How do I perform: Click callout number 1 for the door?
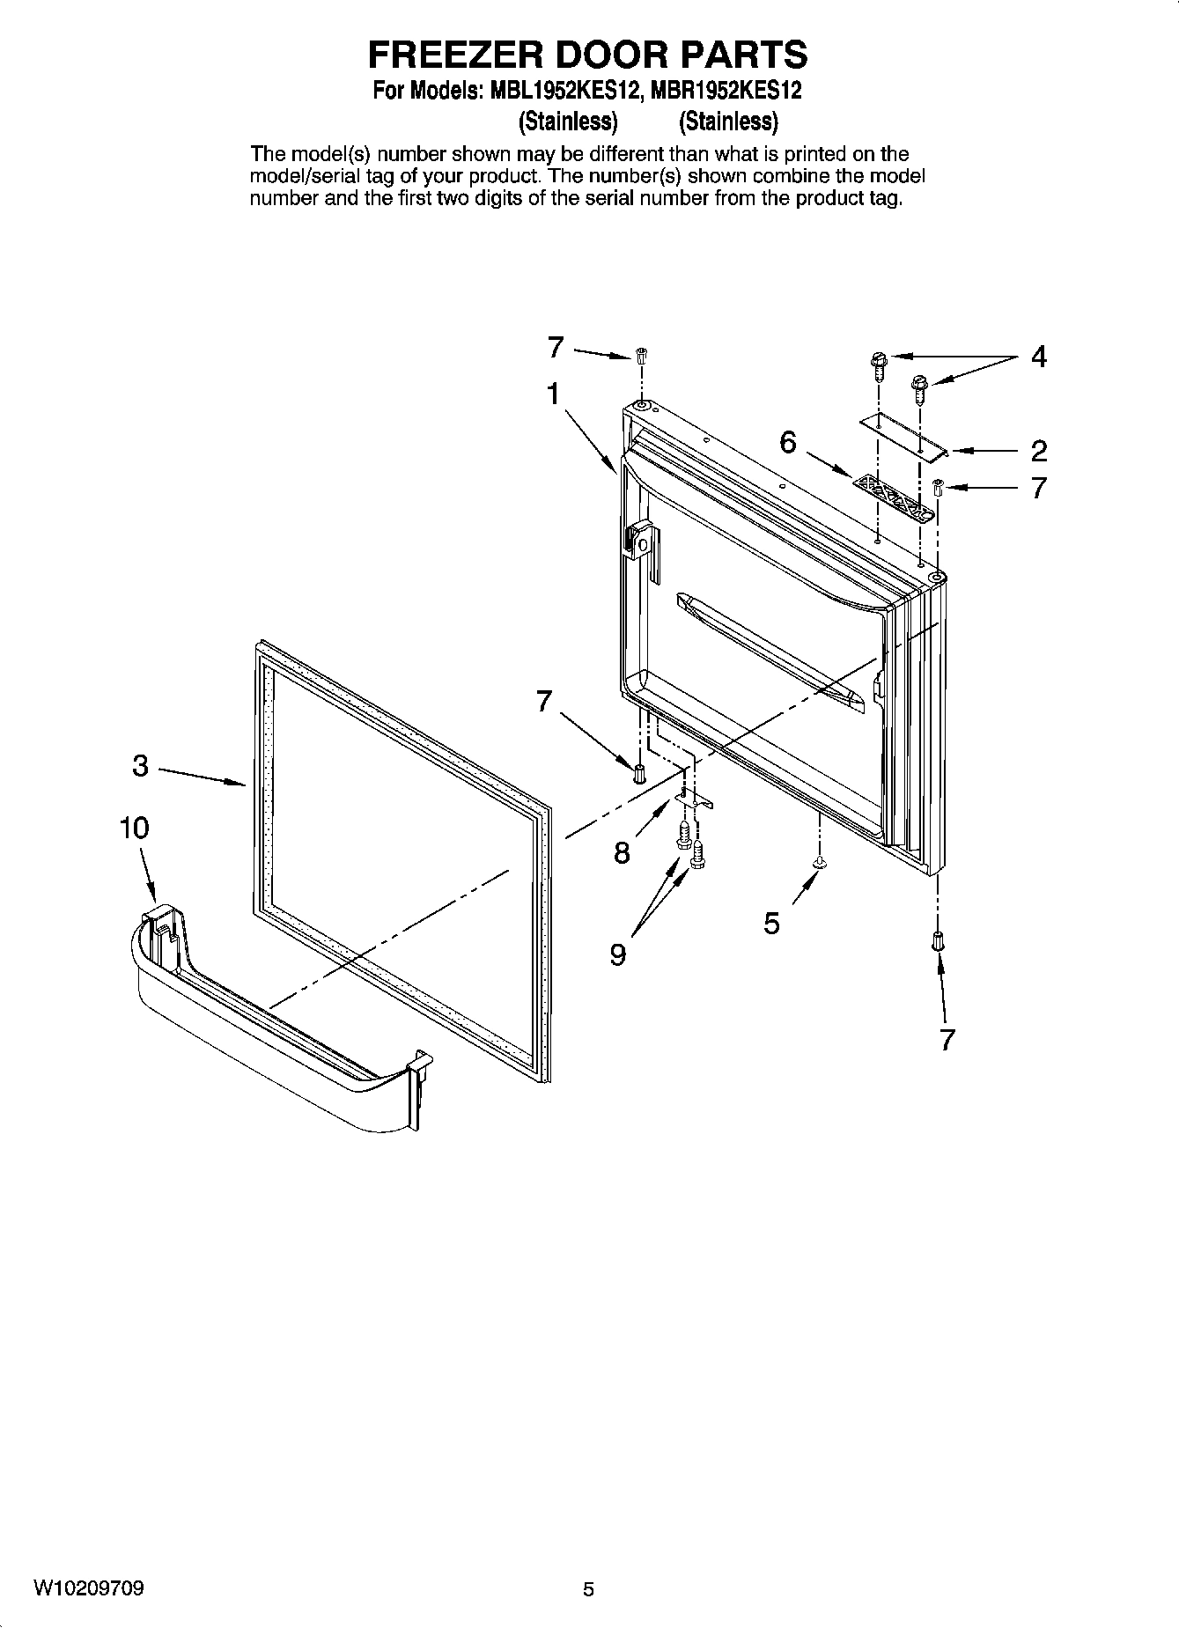tap(553, 394)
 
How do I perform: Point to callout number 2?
tap(1038, 451)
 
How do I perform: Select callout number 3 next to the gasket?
tap(141, 766)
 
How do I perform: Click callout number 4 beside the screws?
tap(1038, 357)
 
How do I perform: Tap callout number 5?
tap(771, 923)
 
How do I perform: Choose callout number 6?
tap(787, 442)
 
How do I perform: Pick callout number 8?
tap(622, 852)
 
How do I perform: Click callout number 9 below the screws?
tap(618, 954)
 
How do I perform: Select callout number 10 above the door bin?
tap(135, 828)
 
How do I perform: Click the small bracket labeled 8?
tap(695, 798)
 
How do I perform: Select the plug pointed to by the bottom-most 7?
tap(937, 940)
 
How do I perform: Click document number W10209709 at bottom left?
tap(89, 1588)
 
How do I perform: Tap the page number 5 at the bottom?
tap(588, 1589)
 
